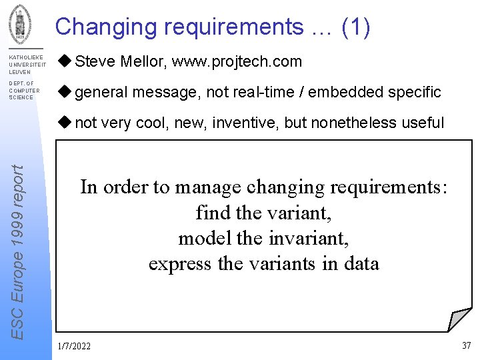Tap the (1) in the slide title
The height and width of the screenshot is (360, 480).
click(x=355, y=27)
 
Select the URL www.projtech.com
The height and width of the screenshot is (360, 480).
click(x=237, y=62)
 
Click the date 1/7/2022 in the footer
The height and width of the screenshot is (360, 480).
click(x=74, y=346)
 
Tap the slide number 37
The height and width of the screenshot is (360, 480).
click(x=466, y=345)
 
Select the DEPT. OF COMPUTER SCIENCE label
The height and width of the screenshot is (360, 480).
click(x=24, y=91)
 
